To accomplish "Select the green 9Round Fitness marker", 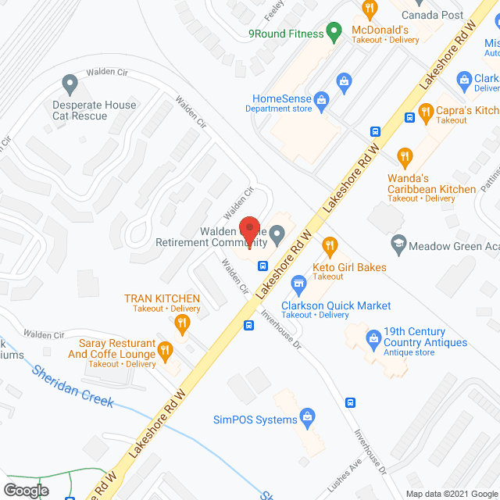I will (x=334, y=34).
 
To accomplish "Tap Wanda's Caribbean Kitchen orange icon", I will (x=405, y=157).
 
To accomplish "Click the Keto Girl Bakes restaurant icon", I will (x=330, y=247).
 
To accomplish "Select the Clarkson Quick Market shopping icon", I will (x=298, y=283).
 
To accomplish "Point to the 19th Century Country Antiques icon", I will (x=373, y=337).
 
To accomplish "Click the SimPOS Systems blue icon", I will (x=308, y=416).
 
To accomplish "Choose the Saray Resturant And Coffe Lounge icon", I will (x=165, y=352).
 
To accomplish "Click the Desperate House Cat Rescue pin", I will (x=70, y=82).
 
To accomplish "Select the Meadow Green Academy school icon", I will (x=398, y=243).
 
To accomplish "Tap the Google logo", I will (x=25, y=491).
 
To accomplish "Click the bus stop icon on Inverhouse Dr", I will (x=351, y=403).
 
